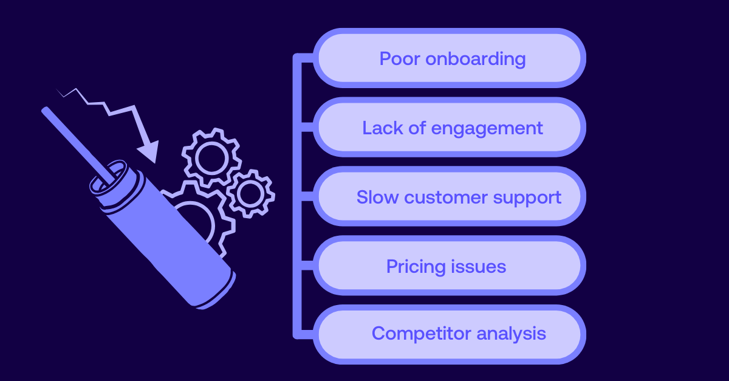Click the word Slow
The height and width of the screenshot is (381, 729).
click(377, 197)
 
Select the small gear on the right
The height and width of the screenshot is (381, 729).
click(250, 194)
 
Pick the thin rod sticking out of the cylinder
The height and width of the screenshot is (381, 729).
click(73, 140)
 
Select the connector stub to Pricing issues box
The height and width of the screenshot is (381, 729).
click(308, 267)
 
